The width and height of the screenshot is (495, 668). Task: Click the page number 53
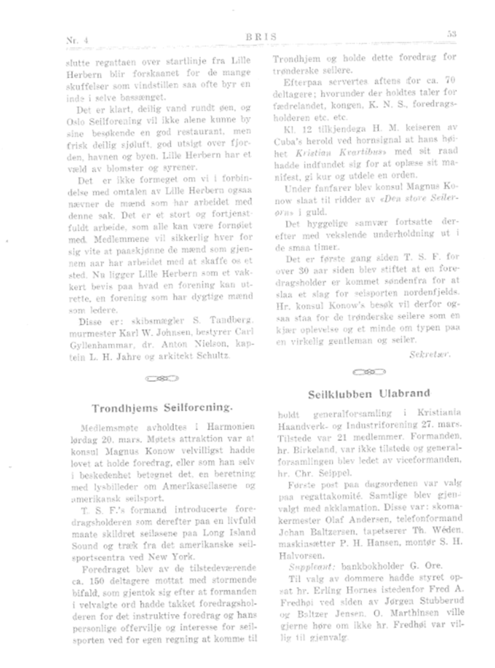(x=450, y=34)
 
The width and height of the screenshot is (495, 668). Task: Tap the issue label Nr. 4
(x=77, y=40)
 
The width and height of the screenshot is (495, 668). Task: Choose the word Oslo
(x=73, y=119)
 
